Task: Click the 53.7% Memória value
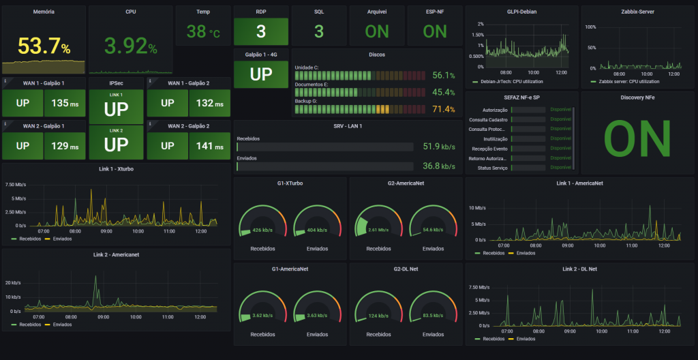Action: [x=44, y=46]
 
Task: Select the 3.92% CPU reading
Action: [x=130, y=46]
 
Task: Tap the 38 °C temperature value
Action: [x=203, y=31]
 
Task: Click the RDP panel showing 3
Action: [x=261, y=31]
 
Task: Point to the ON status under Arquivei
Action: [x=377, y=31]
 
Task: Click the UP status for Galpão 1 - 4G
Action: [x=261, y=74]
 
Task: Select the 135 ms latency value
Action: [x=65, y=104]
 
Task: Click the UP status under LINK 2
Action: [x=116, y=145]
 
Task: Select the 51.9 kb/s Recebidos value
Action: [x=439, y=146]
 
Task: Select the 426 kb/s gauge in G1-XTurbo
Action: [x=261, y=230]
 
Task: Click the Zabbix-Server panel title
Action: [x=638, y=12]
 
